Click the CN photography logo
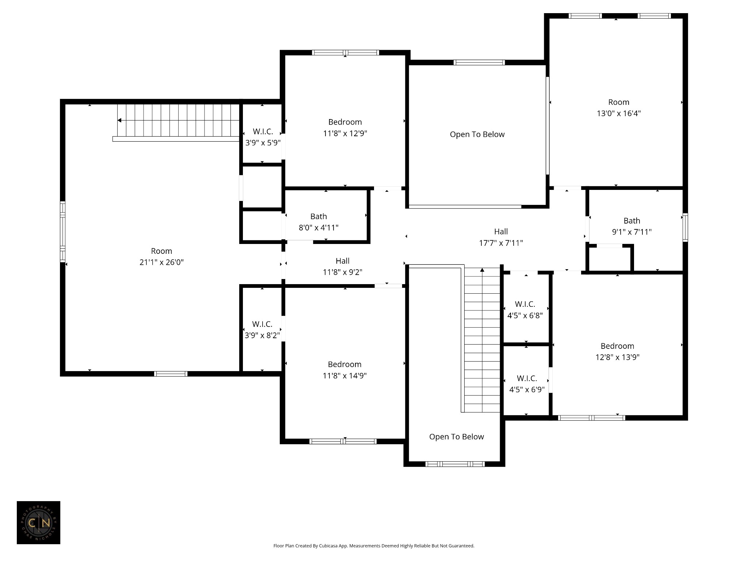38,523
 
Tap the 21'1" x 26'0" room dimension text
161,262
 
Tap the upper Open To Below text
477,134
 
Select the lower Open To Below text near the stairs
457,437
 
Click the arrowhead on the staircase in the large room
119,120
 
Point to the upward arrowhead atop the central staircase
482,270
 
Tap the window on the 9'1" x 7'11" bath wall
685,228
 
